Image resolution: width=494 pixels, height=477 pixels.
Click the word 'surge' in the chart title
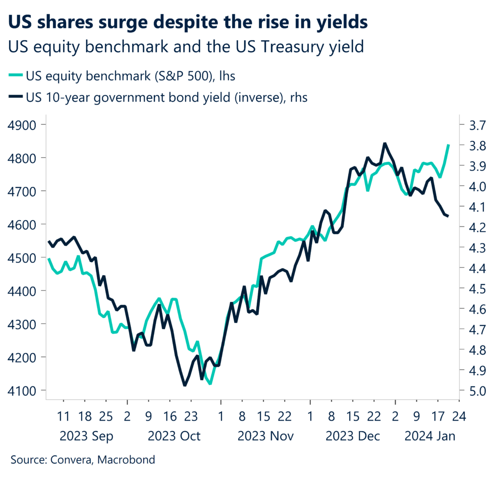[x=133, y=22]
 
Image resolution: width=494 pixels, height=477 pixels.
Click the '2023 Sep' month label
[x=86, y=436]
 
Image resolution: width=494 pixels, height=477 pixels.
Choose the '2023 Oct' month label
[x=174, y=436]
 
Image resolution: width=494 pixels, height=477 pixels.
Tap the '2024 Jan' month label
[x=430, y=436]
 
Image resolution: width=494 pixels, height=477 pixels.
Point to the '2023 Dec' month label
[x=353, y=436]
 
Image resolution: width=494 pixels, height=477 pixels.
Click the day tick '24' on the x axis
[x=459, y=415]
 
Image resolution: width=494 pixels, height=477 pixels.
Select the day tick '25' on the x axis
[x=106, y=415]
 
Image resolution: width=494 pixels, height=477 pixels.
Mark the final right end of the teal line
[x=449, y=145]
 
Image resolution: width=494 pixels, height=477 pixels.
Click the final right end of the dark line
[x=448, y=216]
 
